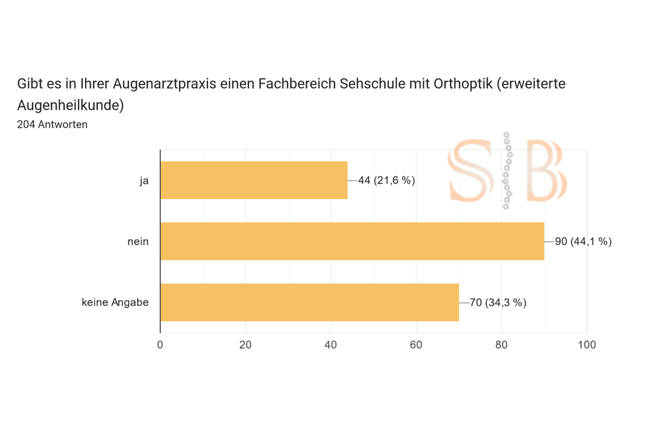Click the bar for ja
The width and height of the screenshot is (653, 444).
(254, 180)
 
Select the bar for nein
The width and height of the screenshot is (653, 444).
(352, 241)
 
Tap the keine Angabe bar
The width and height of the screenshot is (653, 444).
(309, 302)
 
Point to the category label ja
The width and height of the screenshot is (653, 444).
(144, 181)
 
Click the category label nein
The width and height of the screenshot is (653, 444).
(137, 242)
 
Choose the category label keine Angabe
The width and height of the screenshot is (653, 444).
(115, 303)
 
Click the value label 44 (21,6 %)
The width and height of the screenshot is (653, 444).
(386, 180)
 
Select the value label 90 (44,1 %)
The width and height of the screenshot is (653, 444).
(583, 242)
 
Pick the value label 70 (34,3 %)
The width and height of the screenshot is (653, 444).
(497, 303)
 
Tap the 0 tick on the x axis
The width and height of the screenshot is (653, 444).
(160, 345)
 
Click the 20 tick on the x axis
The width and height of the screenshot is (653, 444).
(245, 345)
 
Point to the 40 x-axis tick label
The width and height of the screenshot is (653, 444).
(331, 345)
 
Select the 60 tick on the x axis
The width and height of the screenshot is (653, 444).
(416, 345)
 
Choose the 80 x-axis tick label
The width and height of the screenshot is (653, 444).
(501, 345)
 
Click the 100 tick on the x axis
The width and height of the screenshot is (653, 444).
(587, 345)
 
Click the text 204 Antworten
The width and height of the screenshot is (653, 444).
(52, 124)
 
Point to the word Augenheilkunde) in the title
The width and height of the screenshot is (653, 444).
(70, 105)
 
